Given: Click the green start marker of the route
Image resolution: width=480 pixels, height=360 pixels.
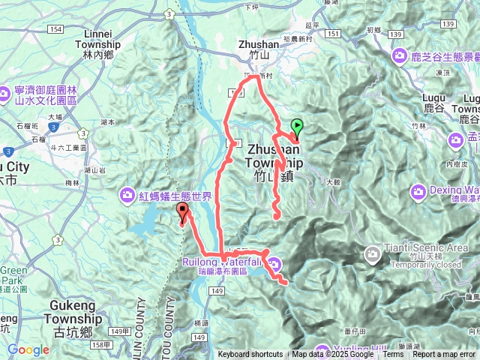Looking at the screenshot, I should click(296, 127).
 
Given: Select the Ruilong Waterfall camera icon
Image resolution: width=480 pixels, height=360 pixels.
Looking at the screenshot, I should click(275, 263).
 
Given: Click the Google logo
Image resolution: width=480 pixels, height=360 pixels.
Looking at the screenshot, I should click(28, 350).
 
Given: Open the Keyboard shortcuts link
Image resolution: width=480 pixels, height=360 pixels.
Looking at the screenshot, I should click(250, 355).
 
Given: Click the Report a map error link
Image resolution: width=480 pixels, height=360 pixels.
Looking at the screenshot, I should click(445, 355).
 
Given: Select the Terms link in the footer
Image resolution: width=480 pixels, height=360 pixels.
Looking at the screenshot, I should click(392, 355).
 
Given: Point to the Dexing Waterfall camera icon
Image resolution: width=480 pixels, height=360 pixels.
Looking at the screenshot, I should click(418, 190).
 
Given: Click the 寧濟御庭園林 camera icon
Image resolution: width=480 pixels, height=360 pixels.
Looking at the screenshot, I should click(4, 94).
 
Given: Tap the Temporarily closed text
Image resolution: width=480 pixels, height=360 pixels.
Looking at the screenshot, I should click(426, 265).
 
